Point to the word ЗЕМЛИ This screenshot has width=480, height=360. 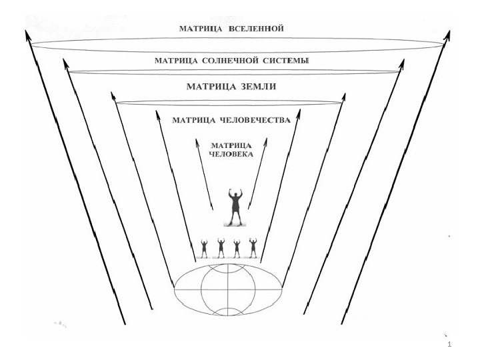coord(259,87)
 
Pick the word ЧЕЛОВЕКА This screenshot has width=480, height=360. coord(230,155)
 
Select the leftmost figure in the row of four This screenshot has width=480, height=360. coord(204,247)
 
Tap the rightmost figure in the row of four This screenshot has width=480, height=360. coord(253,247)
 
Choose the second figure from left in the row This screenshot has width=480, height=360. coord(221,247)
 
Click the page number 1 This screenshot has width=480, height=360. coord(451,345)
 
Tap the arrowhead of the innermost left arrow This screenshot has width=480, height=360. coord(198,141)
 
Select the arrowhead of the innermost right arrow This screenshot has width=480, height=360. coord(266,141)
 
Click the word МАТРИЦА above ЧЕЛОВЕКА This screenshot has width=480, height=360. coord(230,145)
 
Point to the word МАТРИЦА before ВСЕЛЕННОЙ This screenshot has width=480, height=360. coord(203,29)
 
